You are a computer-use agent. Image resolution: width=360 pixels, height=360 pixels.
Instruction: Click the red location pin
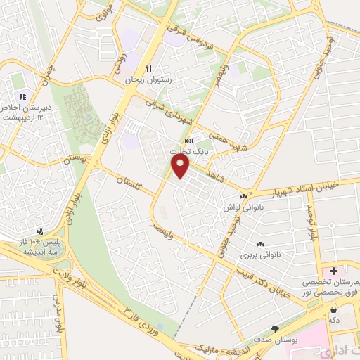(x=181, y=166)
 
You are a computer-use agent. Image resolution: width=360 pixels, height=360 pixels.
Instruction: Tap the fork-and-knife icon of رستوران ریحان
(x=148, y=68)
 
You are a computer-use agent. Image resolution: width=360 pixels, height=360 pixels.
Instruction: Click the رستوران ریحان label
(x=148, y=80)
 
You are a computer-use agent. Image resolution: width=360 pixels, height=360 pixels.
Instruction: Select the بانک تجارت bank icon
(x=188, y=140)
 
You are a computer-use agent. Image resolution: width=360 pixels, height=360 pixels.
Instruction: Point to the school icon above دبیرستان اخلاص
(x=22, y=96)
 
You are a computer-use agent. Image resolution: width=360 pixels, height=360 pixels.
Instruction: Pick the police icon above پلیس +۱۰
(x=40, y=231)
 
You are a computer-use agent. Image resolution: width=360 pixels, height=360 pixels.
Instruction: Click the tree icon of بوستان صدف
(x=275, y=329)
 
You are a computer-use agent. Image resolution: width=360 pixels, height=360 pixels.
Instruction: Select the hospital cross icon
(x=333, y=271)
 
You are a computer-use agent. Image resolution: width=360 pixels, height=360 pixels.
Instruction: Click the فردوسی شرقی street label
(x=186, y=32)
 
